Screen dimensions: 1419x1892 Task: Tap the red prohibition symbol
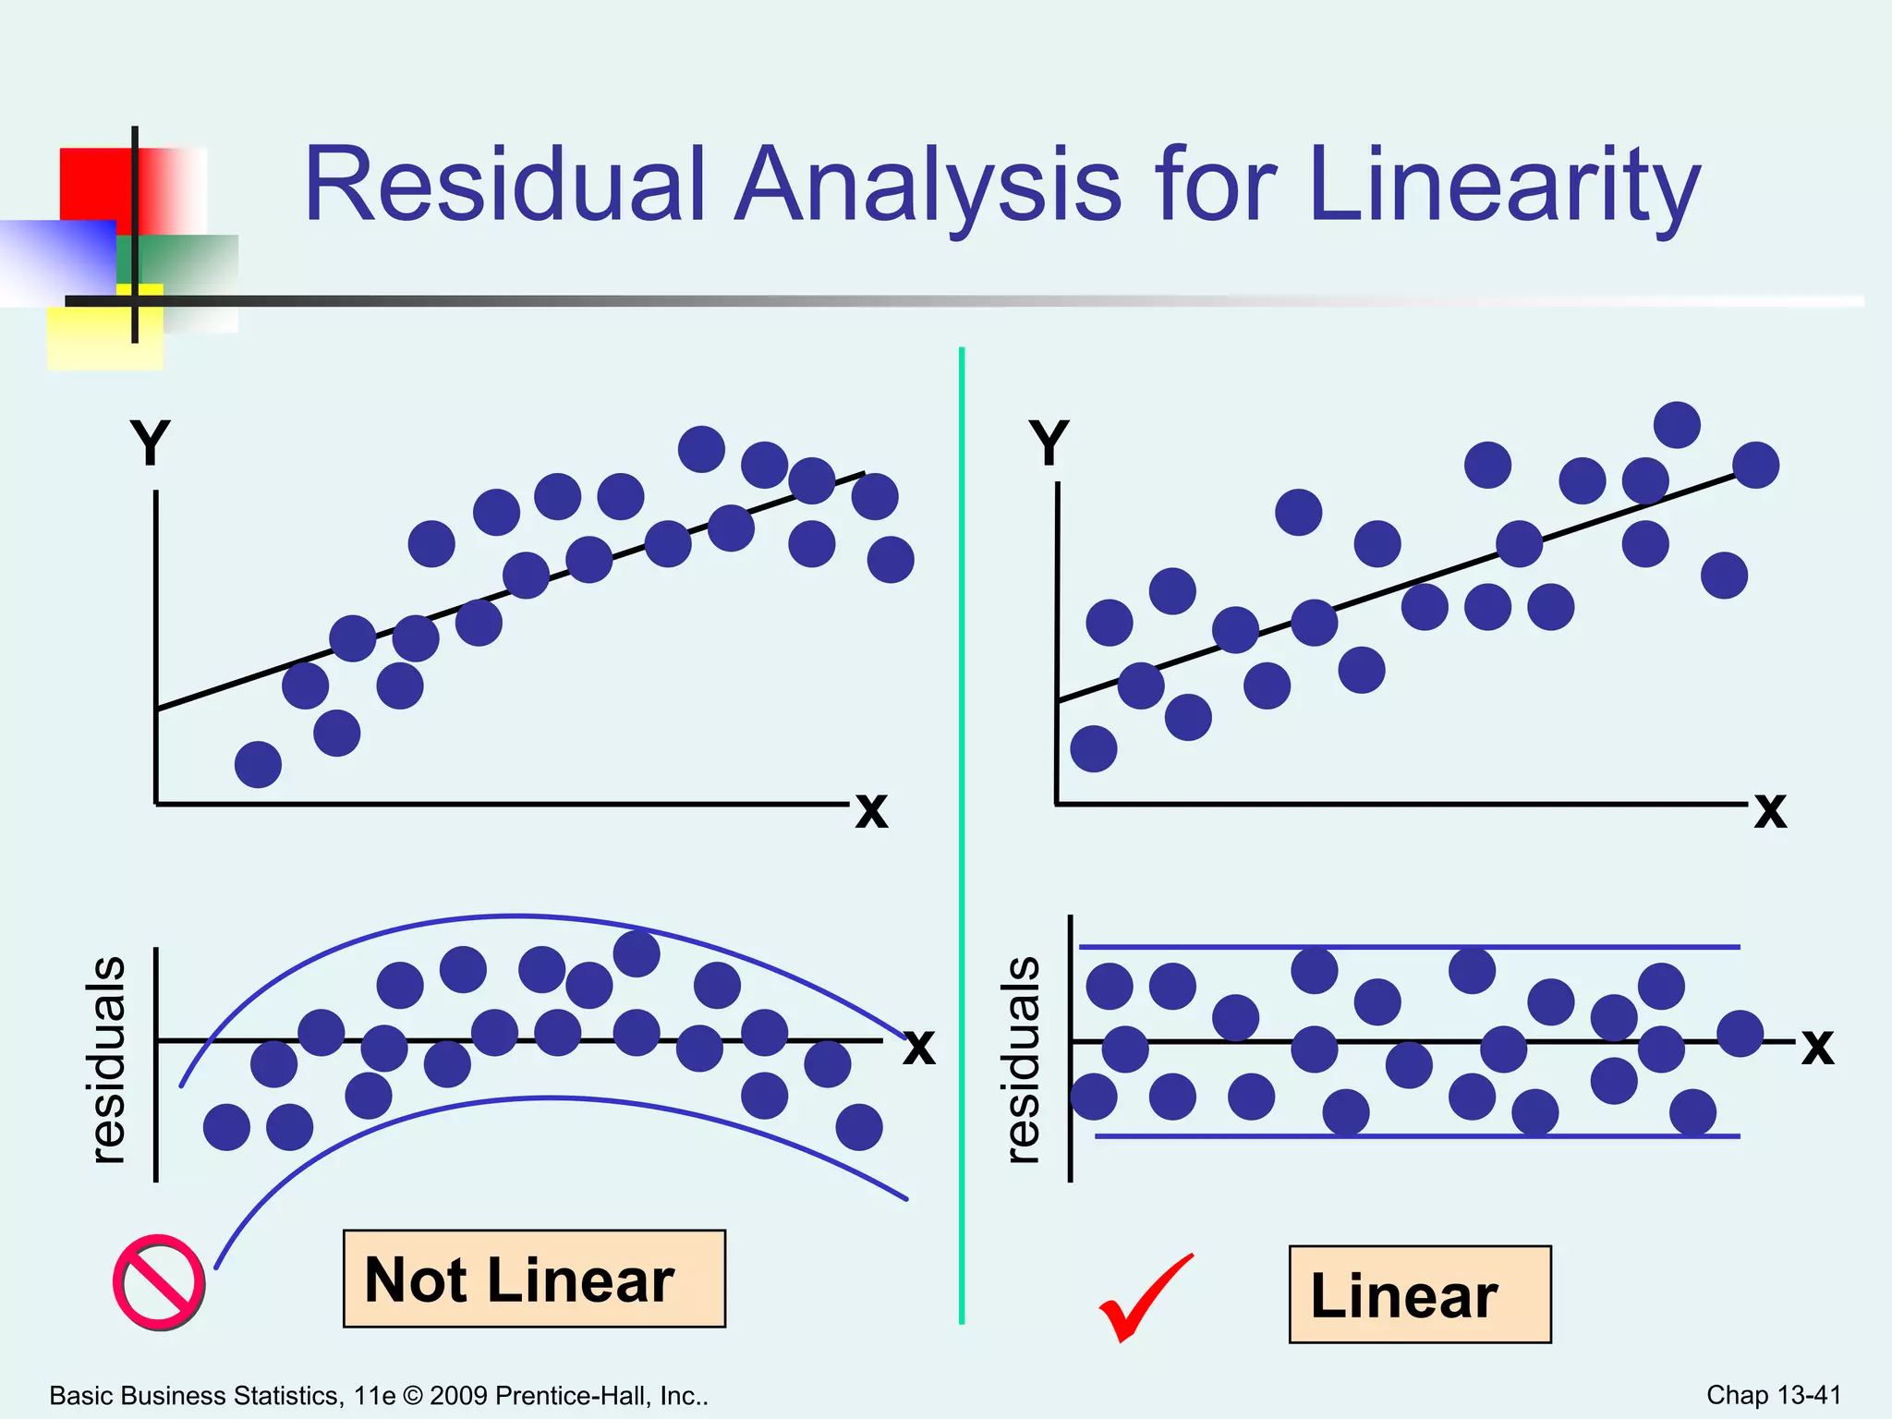(159, 1282)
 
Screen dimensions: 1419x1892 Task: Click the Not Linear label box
(534, 1279)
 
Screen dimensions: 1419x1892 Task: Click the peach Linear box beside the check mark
(1419, 1294)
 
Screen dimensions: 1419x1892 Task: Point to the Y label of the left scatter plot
(150, 443)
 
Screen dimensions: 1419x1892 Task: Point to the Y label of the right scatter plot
(1049, 443)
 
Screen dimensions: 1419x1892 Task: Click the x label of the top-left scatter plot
(871, 810)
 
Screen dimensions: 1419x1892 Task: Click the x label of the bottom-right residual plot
(1817, 1047)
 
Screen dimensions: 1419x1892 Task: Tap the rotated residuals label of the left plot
(108, 1061)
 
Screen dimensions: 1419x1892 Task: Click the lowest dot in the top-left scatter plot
(258, 764)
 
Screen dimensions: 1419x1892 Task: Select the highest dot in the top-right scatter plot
(1677, 425)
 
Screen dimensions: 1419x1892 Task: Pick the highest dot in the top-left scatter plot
(701, 449)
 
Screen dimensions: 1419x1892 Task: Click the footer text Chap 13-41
(1773, 1395)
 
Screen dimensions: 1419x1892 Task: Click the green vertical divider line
(962, 831)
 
